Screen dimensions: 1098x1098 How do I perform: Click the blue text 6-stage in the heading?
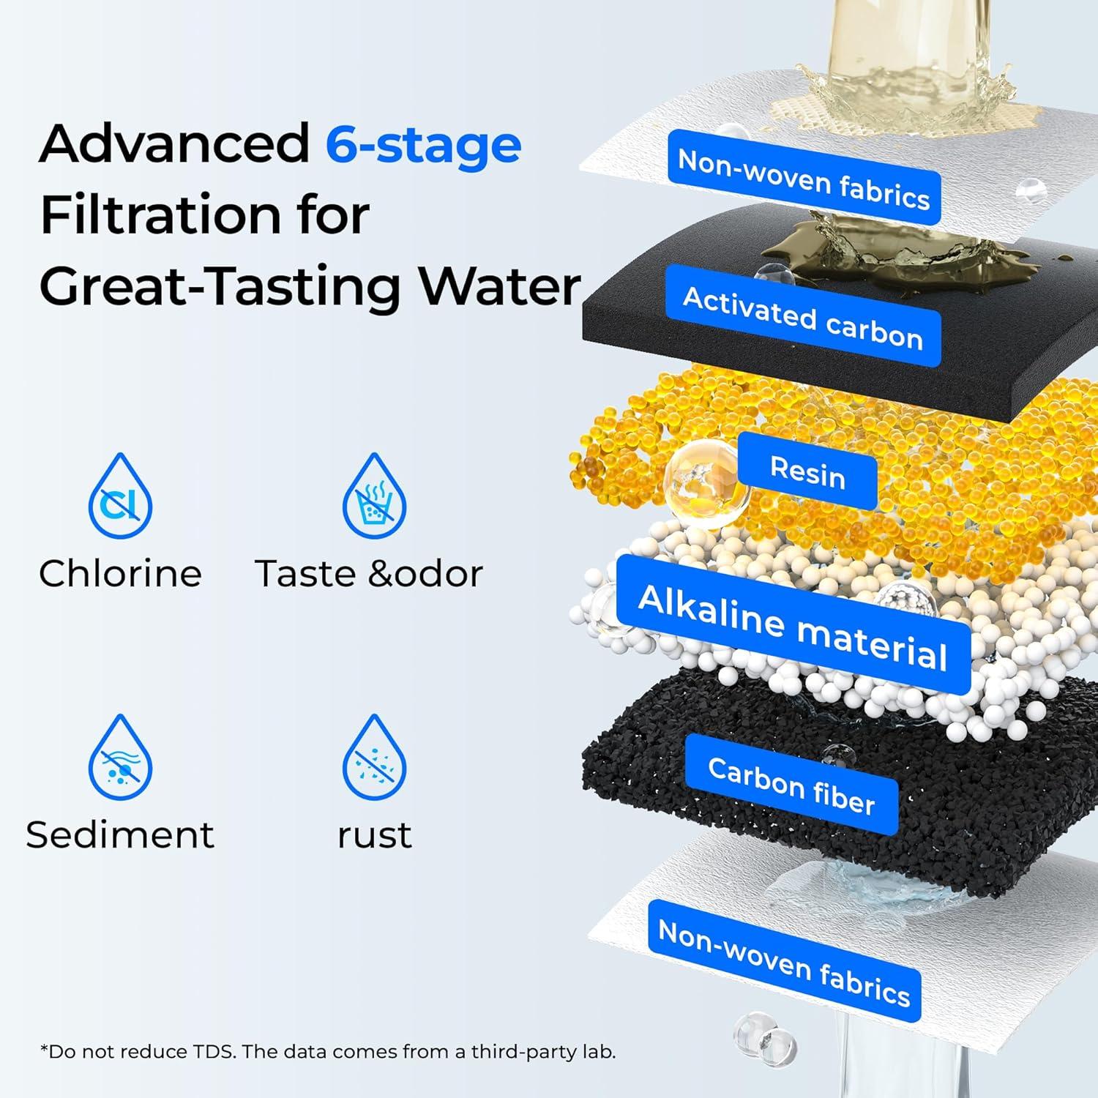[x=423, y=144]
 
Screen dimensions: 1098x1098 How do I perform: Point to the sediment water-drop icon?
[x=120, y=758]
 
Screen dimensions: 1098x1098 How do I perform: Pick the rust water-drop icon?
[x=374, y=758]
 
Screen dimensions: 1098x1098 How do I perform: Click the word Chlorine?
[x=120, y=574]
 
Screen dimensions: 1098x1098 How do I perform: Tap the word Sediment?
[x=120, y=835]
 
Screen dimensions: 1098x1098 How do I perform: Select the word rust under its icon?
[x=374, y=835]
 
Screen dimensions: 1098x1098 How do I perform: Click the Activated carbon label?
[x=803, y=317]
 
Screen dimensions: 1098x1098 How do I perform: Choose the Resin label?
[x=807, y=471]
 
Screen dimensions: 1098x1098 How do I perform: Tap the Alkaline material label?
[x=793, y=627]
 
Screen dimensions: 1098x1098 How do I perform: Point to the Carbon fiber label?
[x=791, y=786]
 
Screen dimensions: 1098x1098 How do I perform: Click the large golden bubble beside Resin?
[x=706, y=479]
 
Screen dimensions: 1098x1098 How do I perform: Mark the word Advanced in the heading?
[x=174, y=144]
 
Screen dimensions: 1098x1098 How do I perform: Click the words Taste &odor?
[x=369, y=574]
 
